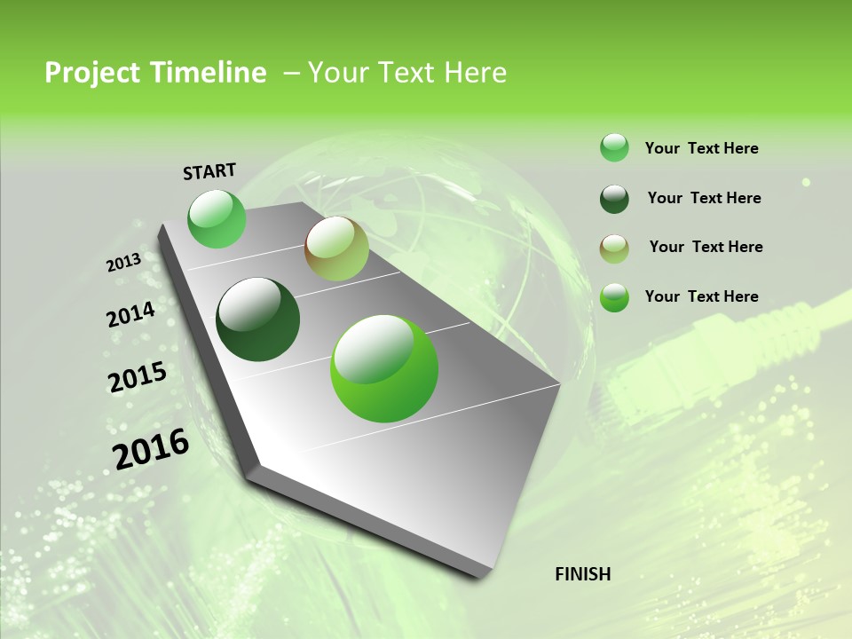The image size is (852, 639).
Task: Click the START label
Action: click(x=209, y=171)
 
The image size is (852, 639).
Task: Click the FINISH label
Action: click(x=583, y=574)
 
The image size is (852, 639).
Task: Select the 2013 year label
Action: click(x=124, y=263)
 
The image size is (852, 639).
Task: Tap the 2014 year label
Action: click(x=131, y=315)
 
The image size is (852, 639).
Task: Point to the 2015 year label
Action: click(x=138, y=377)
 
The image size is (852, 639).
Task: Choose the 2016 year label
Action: click(x=151, y=449)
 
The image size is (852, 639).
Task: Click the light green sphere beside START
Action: click(x=217, y=218)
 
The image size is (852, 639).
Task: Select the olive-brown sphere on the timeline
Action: click(x=336, y=248)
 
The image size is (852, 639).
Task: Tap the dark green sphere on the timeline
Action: click(x=258, y=319)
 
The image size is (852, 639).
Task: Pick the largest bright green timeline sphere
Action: click(x=384, y=367)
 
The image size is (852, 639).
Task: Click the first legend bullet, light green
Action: click(x=614, y=148)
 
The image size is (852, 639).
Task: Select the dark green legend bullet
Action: click(x=614, y=199)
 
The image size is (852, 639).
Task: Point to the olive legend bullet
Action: click(x=614, y=248)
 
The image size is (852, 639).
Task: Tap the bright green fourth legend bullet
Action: click(x=614, y=297)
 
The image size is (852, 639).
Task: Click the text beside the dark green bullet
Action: click(x=704, y=198)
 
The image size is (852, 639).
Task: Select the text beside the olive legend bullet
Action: click(x=706, y=247)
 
